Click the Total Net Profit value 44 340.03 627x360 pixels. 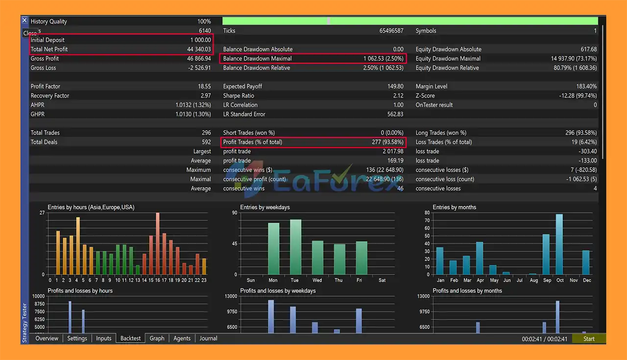pyautogui.click(x=199, y=50)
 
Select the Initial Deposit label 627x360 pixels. pyautogui.click(x=48, y=40)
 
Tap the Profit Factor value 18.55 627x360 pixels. pyautogui.click(x=204, y=86)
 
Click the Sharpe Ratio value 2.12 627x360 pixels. pyautogui.click(x=398, y=96)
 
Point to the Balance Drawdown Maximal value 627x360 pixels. pyautogui.click(x=384, y=59)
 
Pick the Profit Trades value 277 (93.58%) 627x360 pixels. pyautogui.click(x=387, y=142)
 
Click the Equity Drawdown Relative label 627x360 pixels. pyautogui.click(x=447, y=68)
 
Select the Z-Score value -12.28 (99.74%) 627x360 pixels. pyautogui.click(x=578, y=96)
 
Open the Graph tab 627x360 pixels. pyautogui.click(x=157, y=338)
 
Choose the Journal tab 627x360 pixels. pyautogui.click(x=208, y=338)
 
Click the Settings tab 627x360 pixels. pyautogui.click(x=77, y=338)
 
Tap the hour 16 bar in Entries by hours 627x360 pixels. pyautogui.click(x=158, y=243)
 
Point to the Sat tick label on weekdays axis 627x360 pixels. pyautogui.click(x=382, y=281)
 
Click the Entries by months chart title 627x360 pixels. pyautogui.click(x=454, y=207)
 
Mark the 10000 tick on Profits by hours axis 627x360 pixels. pyautogui.click(x=38, y=296)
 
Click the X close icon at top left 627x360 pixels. pyautogui.click(x=24, y=21)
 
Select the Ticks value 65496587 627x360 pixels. pyautogui.click(x=391, y=31)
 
